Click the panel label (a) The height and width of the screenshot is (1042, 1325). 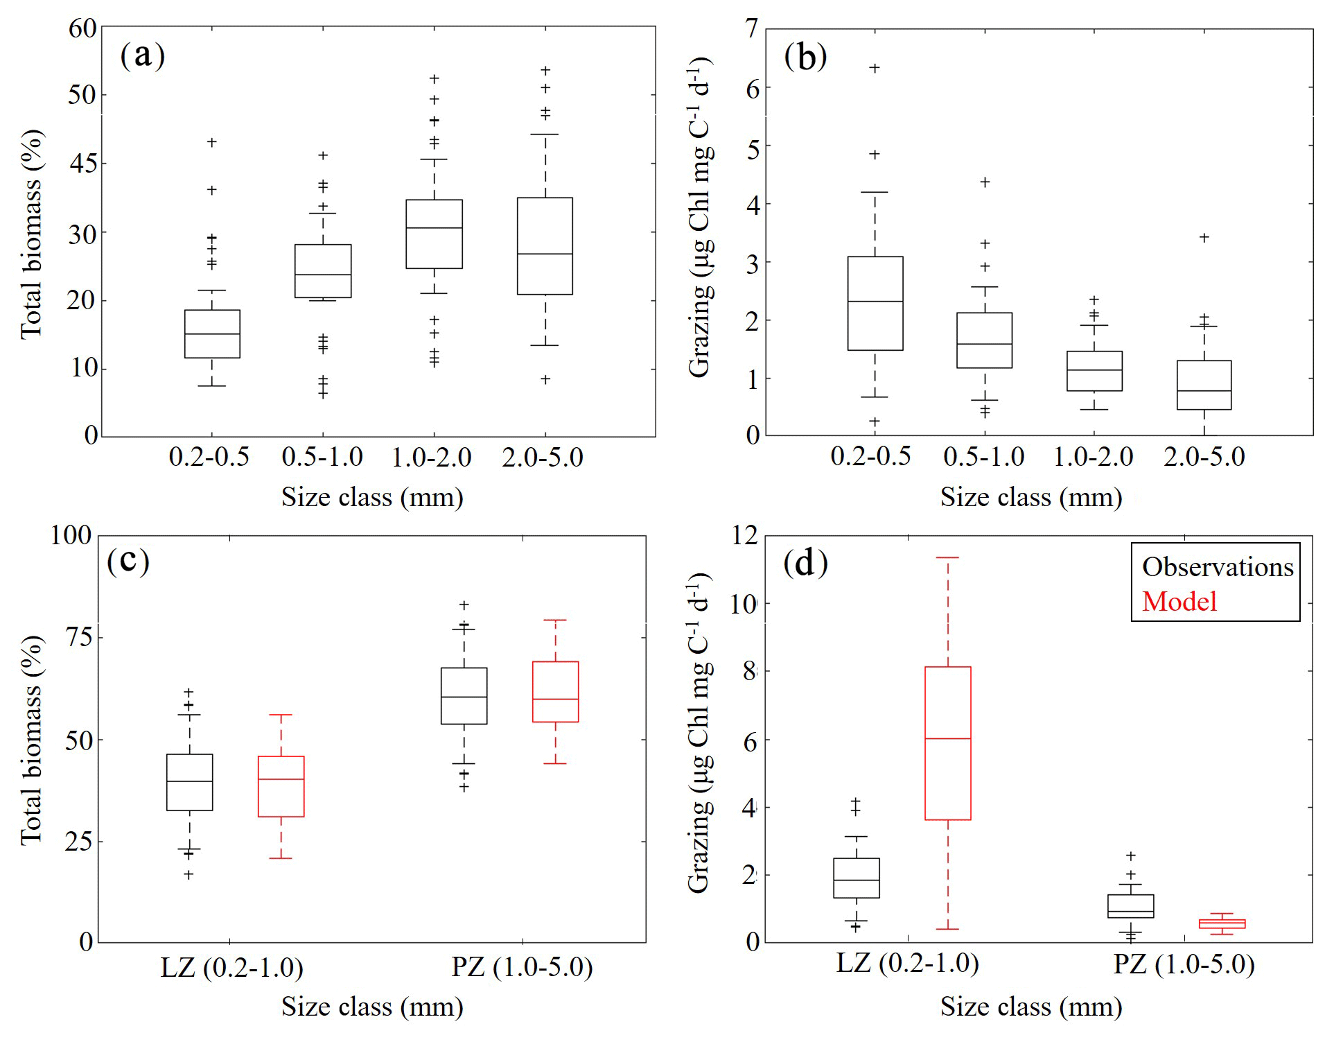click(x=142, y=55)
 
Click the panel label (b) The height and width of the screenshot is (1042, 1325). click(x=805, y=57)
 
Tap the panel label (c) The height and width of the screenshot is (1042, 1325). click(x=128, y=561)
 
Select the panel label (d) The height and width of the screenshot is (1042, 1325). click(x=805, y=563)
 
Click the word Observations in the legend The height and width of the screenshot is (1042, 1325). click(x=1218, y=567)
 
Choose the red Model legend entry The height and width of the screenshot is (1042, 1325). click(x=1179, y=601)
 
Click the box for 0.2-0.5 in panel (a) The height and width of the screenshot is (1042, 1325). click(x=212, y=333)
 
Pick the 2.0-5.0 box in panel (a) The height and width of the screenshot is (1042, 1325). click(x=545, y=246)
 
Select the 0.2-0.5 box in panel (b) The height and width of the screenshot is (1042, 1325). click(x=875, y=303)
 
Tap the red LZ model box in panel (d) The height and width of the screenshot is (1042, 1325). click(x=947, y=743)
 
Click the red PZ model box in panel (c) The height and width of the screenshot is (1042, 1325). click(x=555, y=692)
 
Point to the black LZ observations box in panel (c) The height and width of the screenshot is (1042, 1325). click(x=189, y=782)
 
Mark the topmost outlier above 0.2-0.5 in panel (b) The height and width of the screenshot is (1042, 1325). click(x=875, y=68)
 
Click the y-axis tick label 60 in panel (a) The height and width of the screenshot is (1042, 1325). click(x=82, y=28)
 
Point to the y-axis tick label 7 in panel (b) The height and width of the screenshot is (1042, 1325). click(x=751, y=29)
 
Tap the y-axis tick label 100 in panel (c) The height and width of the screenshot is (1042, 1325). click(x=71, y=535)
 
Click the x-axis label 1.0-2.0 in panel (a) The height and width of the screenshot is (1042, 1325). click(x=432, y=458)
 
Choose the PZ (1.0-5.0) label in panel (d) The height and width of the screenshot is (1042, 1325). click(x=1184, y=964)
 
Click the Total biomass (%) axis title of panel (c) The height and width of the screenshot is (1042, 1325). click(x=32, y=740)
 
